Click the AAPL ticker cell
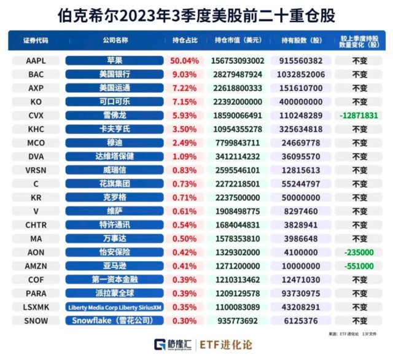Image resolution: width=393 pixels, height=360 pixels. click(36, 61)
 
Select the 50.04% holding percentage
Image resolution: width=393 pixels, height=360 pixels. click(185, 61)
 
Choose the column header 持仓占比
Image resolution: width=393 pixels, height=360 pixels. click(185, 41)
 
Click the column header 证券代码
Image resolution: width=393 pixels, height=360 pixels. click(36, 41)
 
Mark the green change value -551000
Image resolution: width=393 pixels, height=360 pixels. click(360, 266)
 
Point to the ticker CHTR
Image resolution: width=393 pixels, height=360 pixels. click(36, 225)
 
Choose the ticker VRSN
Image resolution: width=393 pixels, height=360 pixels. click(36, 170)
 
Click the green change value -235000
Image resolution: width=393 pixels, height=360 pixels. click(360, 252)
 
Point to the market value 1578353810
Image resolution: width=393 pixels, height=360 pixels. click(239, 238)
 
